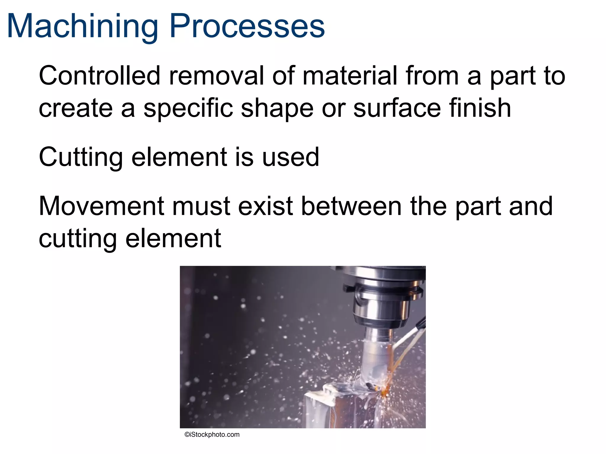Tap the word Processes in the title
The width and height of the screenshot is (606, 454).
247,27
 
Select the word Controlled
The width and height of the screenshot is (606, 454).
99,76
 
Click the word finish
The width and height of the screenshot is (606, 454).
480,108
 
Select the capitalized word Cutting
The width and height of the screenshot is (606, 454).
80,158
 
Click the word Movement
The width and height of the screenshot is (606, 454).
101,206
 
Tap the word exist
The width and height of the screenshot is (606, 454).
266,206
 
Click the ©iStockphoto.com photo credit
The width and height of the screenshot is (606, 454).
212,434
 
